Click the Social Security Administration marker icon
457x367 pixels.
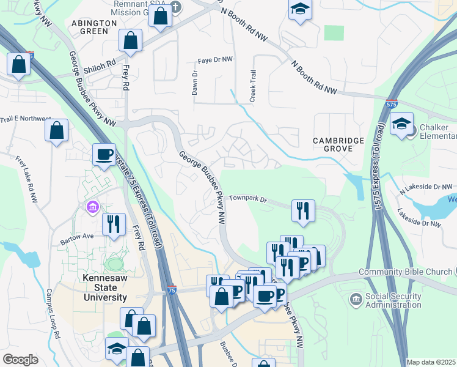[356, 299]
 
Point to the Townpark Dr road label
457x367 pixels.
[249, 199]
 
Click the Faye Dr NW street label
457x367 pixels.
[215, 60]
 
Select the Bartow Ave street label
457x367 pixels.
[76, 235]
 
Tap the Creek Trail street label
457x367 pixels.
[253, 86]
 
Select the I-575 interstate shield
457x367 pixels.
[391, 104]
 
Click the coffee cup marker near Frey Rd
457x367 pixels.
[104, 154]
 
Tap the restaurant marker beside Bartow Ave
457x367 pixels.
[114, 224]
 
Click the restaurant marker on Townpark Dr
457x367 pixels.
[303, 210]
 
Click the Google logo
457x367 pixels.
[20, 360]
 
